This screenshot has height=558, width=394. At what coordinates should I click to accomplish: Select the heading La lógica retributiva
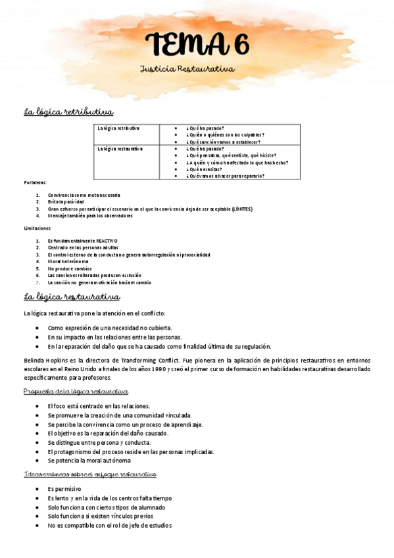click(x=68, y=112)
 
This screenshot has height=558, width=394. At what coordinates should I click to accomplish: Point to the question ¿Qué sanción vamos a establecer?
click(x=223, y=141)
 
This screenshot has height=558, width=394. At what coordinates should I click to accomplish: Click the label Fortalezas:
click(x=35, y=182)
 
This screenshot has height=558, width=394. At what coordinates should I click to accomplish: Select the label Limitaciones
click(x=37, y=228)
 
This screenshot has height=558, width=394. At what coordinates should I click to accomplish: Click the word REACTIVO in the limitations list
click(x=106, y=241)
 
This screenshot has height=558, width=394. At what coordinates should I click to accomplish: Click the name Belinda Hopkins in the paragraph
click(x=47, y=361)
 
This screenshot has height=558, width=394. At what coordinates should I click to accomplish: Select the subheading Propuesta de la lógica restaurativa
click(x=75, y=392)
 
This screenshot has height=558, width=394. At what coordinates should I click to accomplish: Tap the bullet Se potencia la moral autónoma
click(x=89, y=460)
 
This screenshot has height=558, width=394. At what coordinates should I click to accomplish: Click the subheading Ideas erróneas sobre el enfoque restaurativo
click(x=89, y=474)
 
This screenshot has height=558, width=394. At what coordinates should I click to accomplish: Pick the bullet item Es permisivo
click(x=64, y=489)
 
